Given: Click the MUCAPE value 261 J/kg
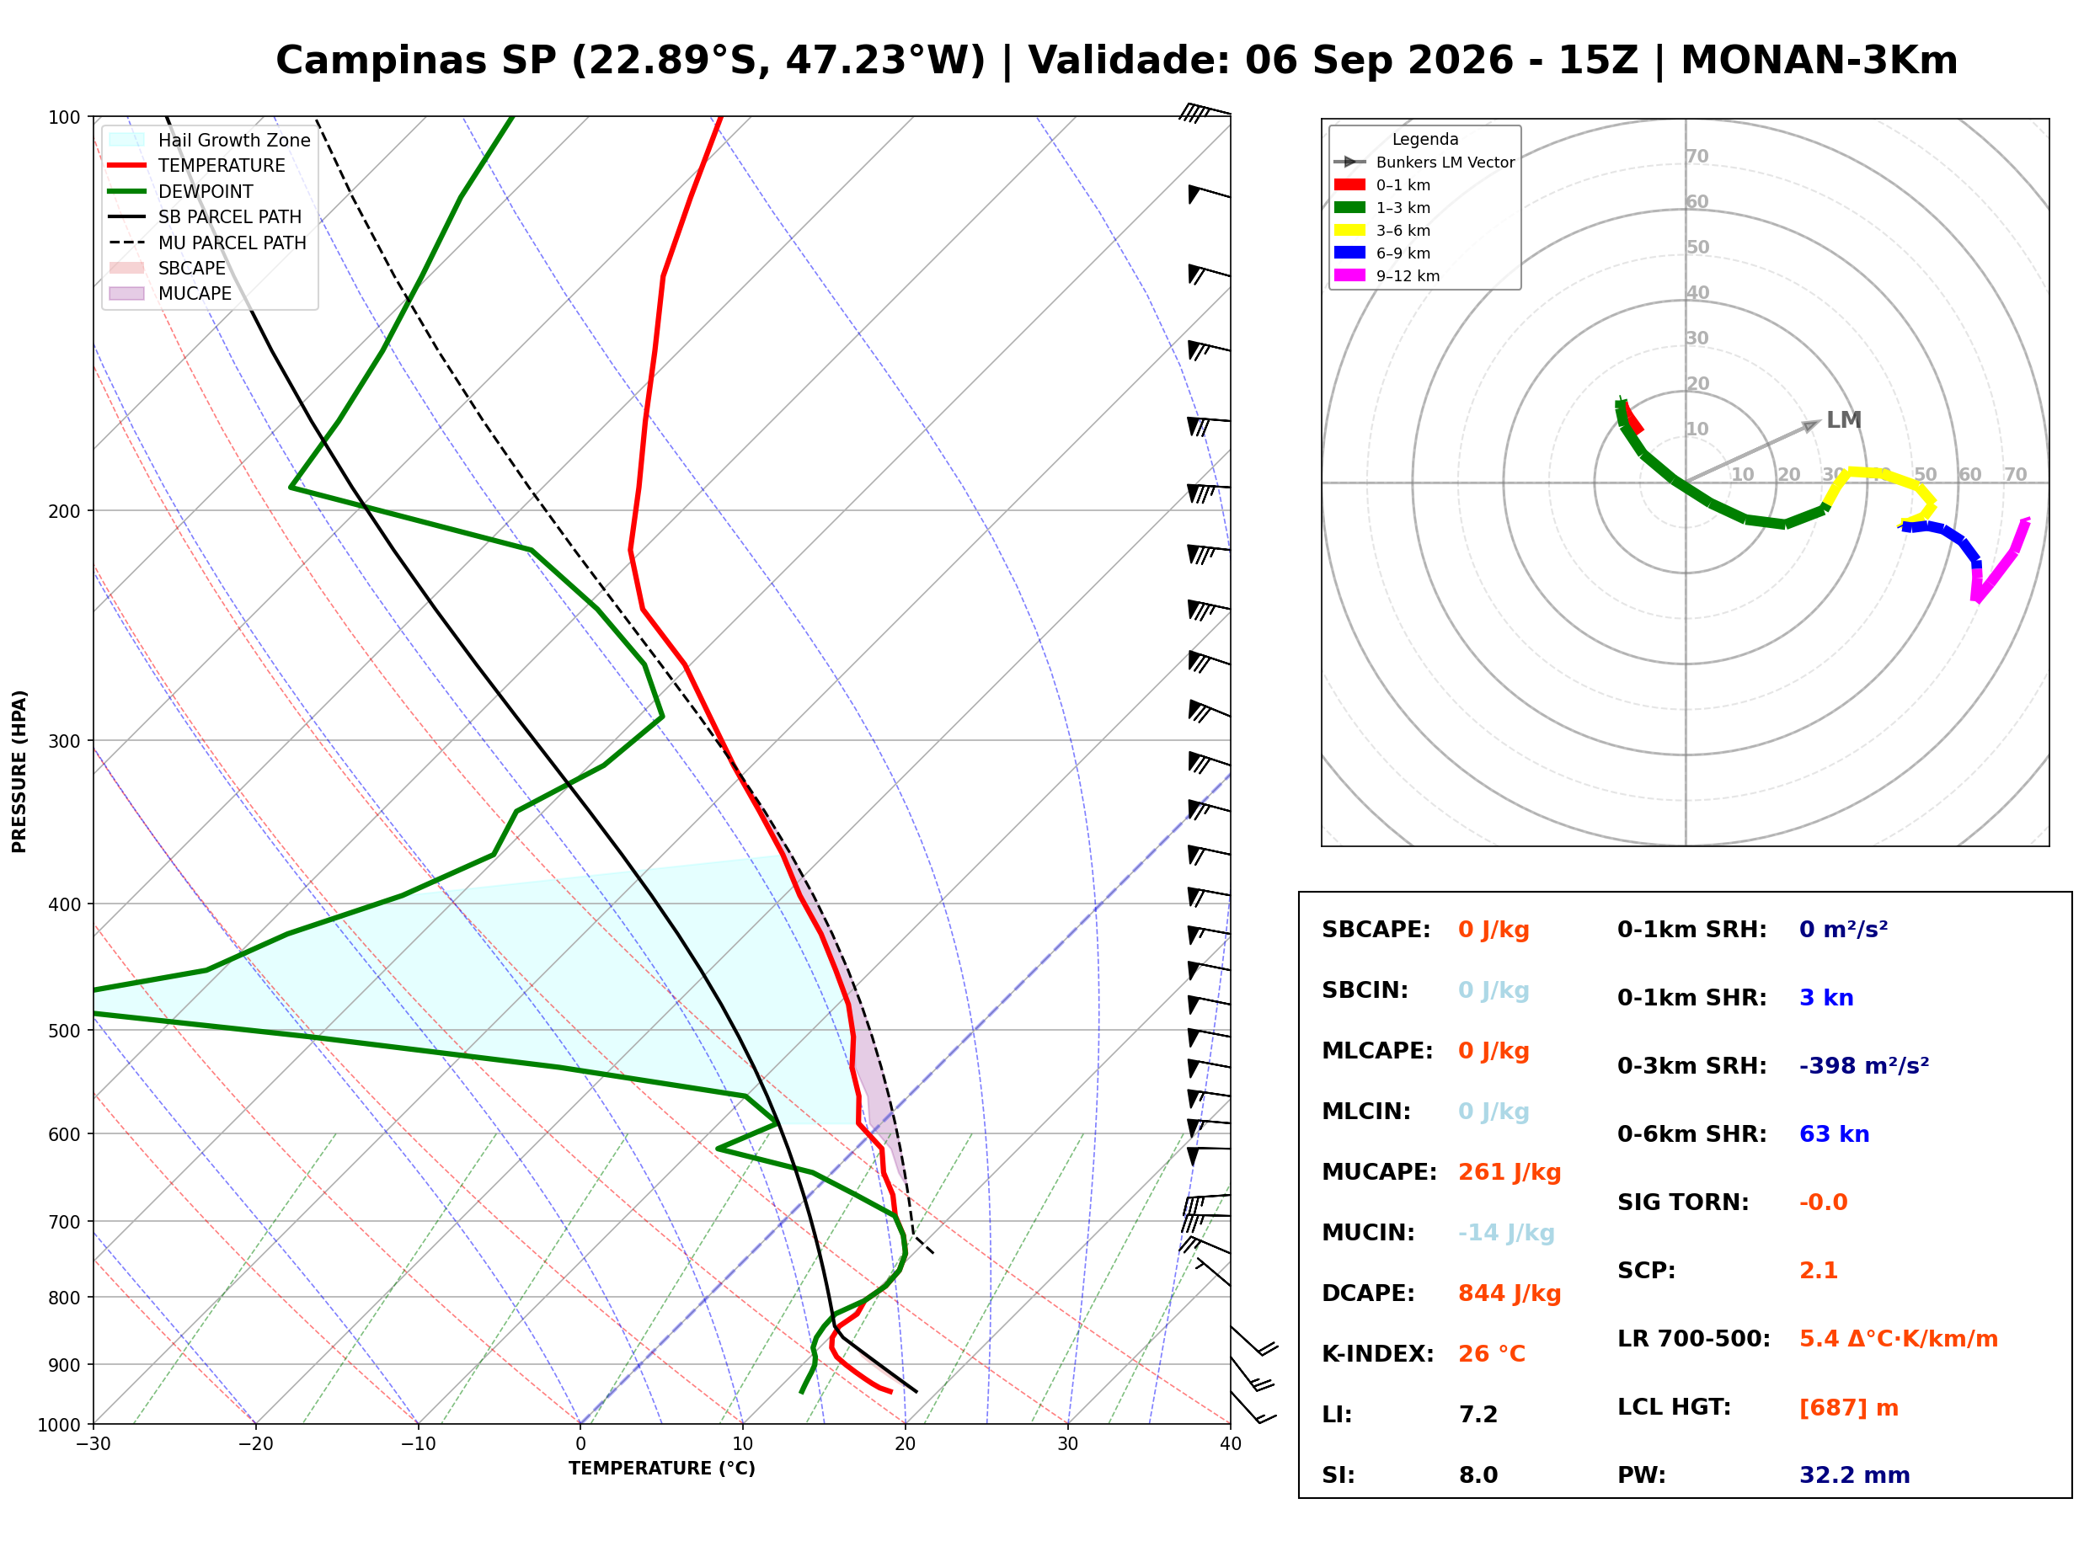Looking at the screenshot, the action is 1510,1172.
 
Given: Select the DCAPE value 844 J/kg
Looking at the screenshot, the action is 1510,1293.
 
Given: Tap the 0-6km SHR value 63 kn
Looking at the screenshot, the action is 1834,1134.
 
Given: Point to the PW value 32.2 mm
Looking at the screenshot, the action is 1855,1475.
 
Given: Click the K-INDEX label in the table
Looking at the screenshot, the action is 1378,1354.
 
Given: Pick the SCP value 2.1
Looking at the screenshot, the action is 1818,1271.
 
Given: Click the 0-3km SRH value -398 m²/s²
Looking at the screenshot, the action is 1864,1065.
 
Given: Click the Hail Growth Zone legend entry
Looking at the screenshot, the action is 210,140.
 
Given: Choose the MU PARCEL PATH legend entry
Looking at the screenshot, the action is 208,243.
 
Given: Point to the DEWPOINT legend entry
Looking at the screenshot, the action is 181,191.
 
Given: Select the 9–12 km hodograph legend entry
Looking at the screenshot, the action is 1387,276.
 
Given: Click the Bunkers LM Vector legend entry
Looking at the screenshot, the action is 1424,163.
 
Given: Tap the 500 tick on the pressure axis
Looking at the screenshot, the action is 64,1031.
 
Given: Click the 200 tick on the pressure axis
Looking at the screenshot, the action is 64,511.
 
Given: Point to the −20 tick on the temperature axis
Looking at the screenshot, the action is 255,1444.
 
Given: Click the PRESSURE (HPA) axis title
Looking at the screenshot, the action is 19,771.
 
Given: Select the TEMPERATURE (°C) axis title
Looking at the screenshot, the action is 662,1469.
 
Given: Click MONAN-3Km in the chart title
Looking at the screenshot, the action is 1819,61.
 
